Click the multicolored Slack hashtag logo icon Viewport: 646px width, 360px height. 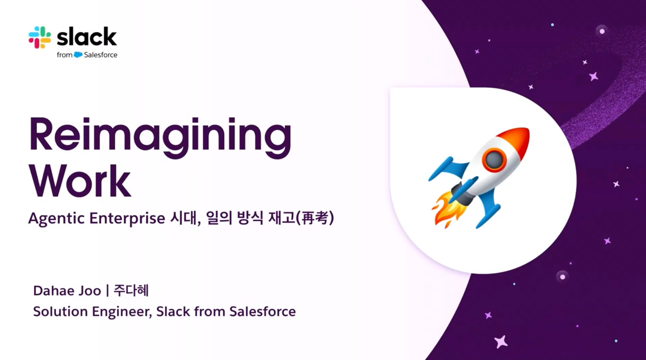click(x=40, y=38)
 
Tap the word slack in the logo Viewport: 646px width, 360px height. click(x=87, y=37)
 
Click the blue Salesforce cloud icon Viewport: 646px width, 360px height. click(x=78, y=54)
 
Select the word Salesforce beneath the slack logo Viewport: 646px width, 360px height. click(x=101, y=55)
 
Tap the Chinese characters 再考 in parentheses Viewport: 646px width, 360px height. click(x=315, y=218)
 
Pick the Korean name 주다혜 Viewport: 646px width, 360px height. click(x=131, y=290)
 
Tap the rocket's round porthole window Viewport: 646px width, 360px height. click(x=494, y=160)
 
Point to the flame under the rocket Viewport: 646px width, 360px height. click(x=447, y=209)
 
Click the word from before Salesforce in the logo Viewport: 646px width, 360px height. click(x=65, y=55)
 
